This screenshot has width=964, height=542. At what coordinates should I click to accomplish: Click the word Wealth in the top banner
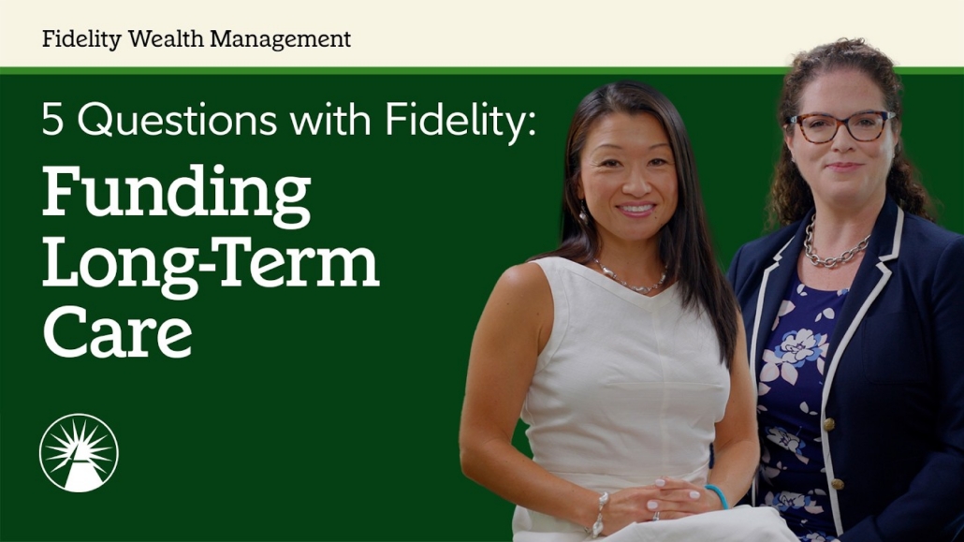coord(166,38)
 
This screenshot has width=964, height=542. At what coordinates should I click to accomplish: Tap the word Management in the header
coord(281,39)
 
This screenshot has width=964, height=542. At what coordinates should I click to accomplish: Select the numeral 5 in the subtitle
coord(52,119)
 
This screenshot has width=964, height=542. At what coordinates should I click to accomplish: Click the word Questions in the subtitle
coord(177,119)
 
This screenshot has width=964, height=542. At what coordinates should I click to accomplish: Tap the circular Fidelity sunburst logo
coord(79,453)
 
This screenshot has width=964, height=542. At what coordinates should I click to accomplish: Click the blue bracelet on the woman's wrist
coord(717,496)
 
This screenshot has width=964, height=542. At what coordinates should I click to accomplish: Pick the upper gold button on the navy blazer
coord(828,424)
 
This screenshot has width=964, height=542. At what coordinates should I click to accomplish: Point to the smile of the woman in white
coord(636,209)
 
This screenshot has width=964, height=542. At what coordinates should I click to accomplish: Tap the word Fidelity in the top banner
coord(81,39)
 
